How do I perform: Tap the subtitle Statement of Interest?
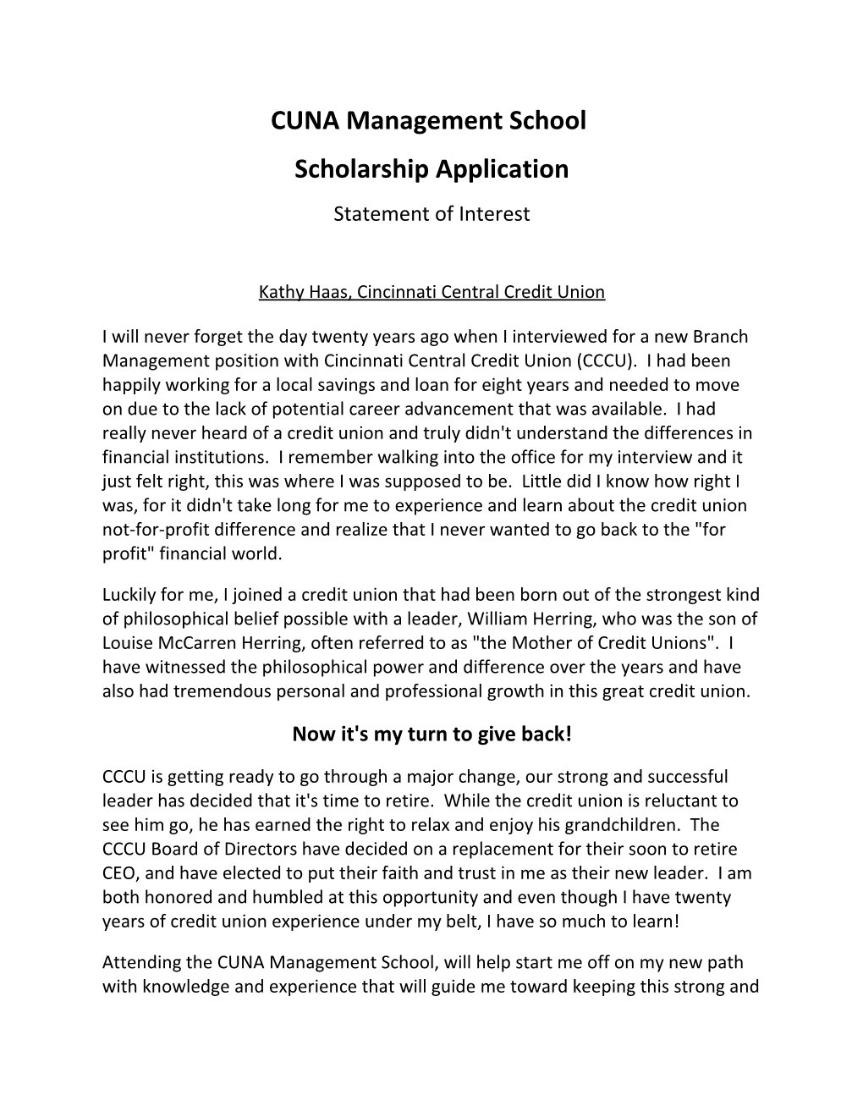pyautogui.click(x=431, y=214)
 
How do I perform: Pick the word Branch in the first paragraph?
pyautogui.click(x=720, y=337)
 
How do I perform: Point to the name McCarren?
pyautogui.click(x=192, y=643)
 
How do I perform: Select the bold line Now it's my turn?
pyautogui.click(x=431, y=734)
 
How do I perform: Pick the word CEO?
pyautogui.click(x=119, y=873)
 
